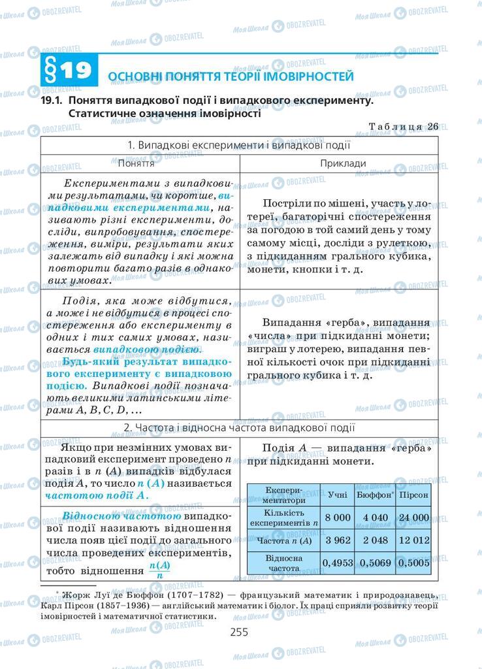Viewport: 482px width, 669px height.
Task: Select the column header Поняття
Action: tap(139, 163)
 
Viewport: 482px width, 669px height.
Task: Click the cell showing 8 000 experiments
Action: tap(338, 517)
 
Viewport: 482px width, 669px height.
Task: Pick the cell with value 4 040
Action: tap(375, 517)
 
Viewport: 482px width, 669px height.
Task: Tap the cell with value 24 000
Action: tap(414, 517)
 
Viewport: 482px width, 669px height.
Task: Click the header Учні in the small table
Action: tap(338, 495)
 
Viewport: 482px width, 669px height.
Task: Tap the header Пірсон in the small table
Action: tap(414, 495)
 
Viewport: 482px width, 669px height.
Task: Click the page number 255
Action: tap(240, 632)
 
